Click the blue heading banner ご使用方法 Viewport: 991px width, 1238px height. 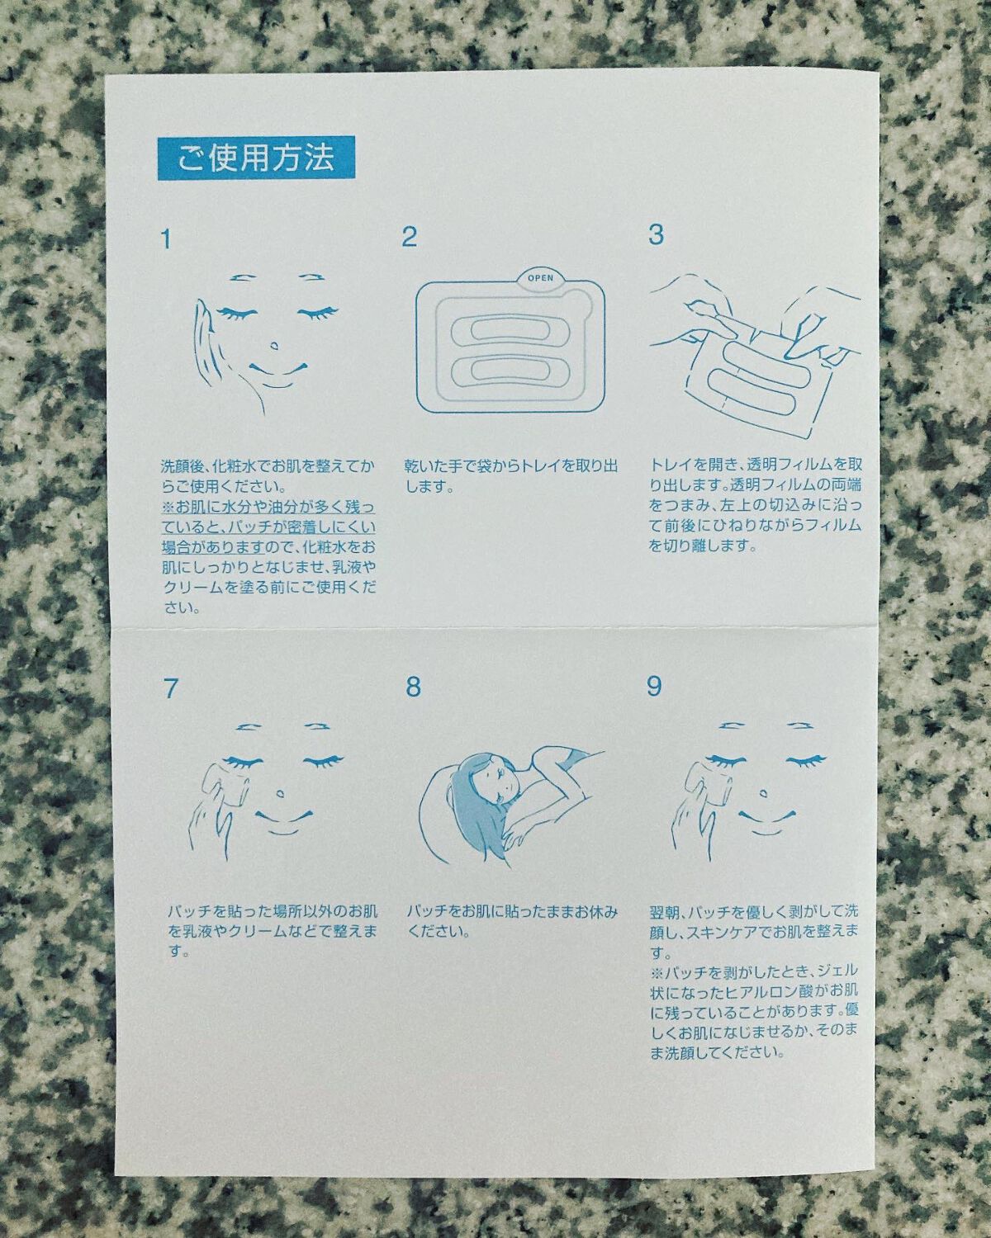(256, 158)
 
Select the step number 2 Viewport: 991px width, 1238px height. (409, 237)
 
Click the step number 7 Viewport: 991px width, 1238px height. (170, 688)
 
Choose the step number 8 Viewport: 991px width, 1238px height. (413, 687)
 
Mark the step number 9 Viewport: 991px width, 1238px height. (654, 685)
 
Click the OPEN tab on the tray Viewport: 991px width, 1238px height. (540, 278)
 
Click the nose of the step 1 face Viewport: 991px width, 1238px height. (274, 347)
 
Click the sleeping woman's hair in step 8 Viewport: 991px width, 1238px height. (467, 806)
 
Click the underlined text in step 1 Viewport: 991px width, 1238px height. (268, 527)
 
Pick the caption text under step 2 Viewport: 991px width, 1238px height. (510, 475)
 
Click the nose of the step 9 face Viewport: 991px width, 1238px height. (764, 793)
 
